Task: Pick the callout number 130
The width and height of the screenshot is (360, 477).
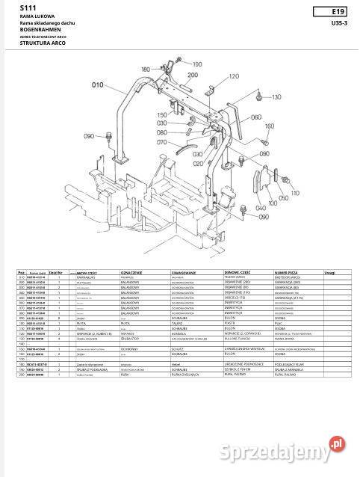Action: coord(277,97)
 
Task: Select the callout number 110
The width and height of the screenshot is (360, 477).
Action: coord(294,192)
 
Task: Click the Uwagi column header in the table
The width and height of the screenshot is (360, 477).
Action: coord(329,274)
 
